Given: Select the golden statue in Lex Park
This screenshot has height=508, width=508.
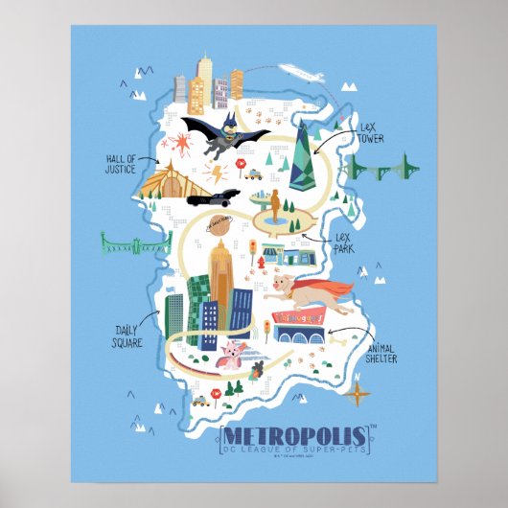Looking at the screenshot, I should tap(276, 206).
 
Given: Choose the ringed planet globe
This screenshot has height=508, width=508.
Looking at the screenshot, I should tap(217, 222).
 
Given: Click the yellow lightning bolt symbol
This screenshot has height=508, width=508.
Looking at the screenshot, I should tap(216, 173).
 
